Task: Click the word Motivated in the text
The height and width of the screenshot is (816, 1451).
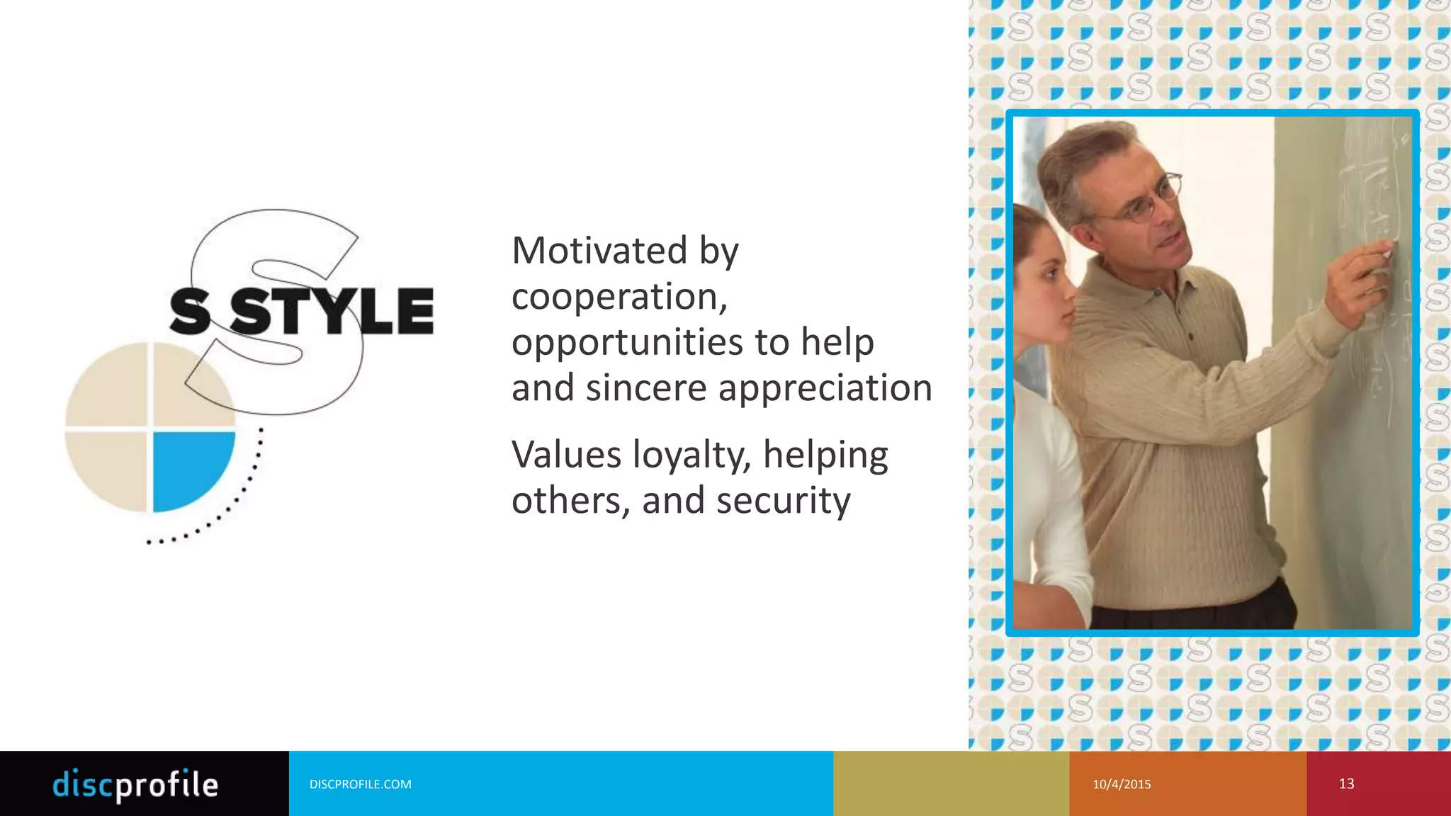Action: point(599,251)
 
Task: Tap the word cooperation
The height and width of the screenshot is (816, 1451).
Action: point(619,296)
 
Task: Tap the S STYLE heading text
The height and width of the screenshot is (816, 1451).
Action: point(302,312)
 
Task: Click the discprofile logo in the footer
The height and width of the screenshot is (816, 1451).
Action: point(135,784)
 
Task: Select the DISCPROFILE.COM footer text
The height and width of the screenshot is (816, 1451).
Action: point(360,784)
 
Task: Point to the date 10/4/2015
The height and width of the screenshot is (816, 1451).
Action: point(1122,784)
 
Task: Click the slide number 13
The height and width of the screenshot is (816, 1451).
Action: point(1346,783)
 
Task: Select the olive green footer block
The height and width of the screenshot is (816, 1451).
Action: point(951,783)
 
